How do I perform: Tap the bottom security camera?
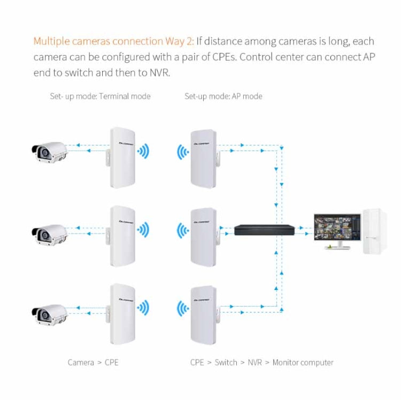coord(49,313)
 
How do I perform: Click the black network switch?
coord(264,230)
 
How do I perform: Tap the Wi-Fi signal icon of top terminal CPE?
coord(143,151)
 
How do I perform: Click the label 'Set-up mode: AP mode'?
coord(223,97)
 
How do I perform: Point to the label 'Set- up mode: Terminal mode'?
coord(100,97)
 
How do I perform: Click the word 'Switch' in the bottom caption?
coord(226,363)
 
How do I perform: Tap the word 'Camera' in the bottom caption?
coord(81,363)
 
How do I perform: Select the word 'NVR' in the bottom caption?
coord(255,363)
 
